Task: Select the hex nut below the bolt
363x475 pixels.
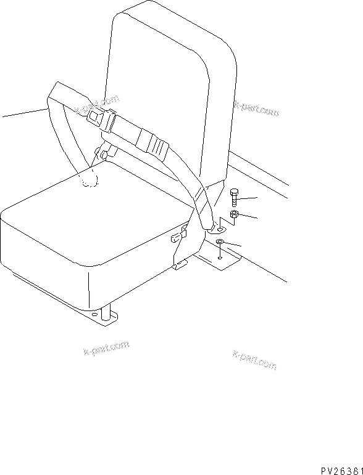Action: click(235, 214)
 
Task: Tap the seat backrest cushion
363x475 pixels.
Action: click(173, 80)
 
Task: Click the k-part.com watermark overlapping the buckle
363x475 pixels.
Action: click(96, 104)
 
